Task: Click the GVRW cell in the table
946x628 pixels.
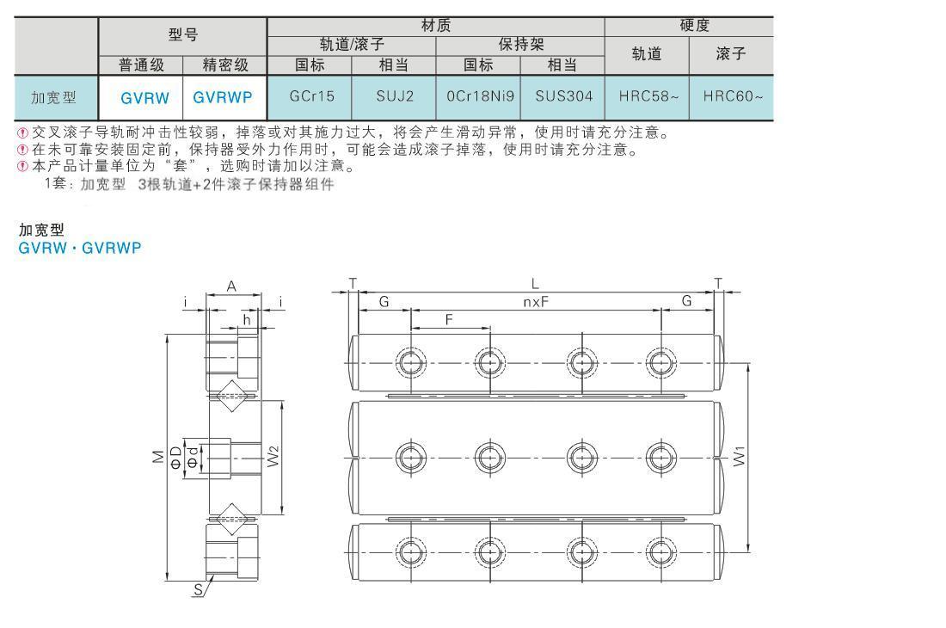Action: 144,98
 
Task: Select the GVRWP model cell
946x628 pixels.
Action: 223,98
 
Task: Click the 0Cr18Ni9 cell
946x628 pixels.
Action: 480,96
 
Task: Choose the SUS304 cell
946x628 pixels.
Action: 564,96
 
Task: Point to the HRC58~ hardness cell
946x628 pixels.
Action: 648,96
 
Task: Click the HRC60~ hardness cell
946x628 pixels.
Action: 733,96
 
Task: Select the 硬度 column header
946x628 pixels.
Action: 694,25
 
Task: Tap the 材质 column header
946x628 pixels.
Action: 436,25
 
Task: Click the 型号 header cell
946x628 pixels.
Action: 183,34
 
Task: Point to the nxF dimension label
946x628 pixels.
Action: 536,302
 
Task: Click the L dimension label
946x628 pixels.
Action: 535,284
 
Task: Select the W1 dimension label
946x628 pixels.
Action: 740,456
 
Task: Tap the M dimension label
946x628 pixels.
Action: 158,457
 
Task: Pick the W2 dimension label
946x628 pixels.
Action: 273,456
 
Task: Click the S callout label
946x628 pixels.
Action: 198,589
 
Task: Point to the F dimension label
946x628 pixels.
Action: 449,320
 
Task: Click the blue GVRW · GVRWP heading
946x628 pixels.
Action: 80,248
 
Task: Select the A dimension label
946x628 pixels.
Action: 231,286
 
